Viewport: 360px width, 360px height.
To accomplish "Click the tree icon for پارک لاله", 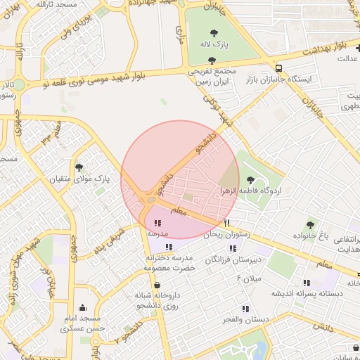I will pos(214,32).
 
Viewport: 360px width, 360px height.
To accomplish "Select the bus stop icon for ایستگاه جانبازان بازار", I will pos(280,68).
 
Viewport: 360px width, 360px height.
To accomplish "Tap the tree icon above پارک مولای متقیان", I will pos(78,167).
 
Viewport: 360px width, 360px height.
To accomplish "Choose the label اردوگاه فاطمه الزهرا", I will pos(270,191).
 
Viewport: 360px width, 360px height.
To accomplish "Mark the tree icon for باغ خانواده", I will pos(310,225).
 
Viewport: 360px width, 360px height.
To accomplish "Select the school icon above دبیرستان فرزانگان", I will pos(232,248).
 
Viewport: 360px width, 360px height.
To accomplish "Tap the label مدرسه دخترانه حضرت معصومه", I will pos(169,264).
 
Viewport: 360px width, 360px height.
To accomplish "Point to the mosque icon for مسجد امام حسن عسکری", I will pos(84,307).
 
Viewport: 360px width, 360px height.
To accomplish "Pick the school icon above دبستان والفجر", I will pos(245,309).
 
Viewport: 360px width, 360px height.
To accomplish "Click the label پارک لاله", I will pos(217,45).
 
